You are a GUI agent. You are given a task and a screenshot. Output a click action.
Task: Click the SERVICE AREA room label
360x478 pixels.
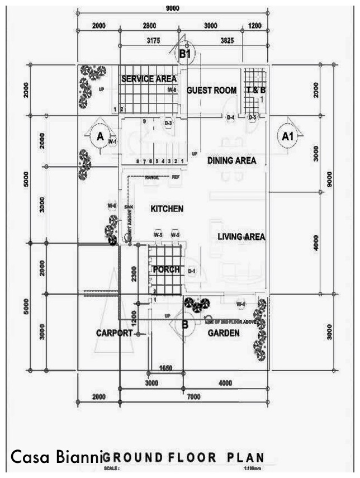click(149, 79)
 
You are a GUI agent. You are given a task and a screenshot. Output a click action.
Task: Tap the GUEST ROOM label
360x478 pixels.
click(211, 90)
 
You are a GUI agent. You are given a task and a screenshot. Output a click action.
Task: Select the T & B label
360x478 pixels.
click(255, 90)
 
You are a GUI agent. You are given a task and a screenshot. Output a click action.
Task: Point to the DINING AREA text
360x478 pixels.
click(231, 160)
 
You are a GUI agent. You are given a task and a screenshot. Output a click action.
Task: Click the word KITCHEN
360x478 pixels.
click(167, 209)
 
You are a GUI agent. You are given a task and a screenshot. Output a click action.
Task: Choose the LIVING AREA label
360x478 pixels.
click(241, 237)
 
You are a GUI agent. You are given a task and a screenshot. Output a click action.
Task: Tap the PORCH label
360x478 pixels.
click(167, 269)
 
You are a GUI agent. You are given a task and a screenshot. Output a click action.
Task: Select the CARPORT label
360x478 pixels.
click(114, 333)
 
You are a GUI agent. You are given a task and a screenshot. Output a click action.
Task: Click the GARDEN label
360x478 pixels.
click(224, 333)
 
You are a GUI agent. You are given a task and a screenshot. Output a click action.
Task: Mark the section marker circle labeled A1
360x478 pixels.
click(287, 136)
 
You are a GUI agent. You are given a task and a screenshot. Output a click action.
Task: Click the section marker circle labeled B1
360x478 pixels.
click(185, 54)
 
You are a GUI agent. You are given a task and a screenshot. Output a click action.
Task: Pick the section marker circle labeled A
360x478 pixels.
click(101, 136)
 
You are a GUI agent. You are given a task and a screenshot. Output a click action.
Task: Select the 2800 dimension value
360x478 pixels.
click(149, 26)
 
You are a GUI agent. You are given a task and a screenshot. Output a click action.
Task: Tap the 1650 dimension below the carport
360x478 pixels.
click(165, 368)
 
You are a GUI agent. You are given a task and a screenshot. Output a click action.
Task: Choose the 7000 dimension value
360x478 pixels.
click(193, 396)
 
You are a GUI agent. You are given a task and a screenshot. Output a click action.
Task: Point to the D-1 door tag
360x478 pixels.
click(191, 272)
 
